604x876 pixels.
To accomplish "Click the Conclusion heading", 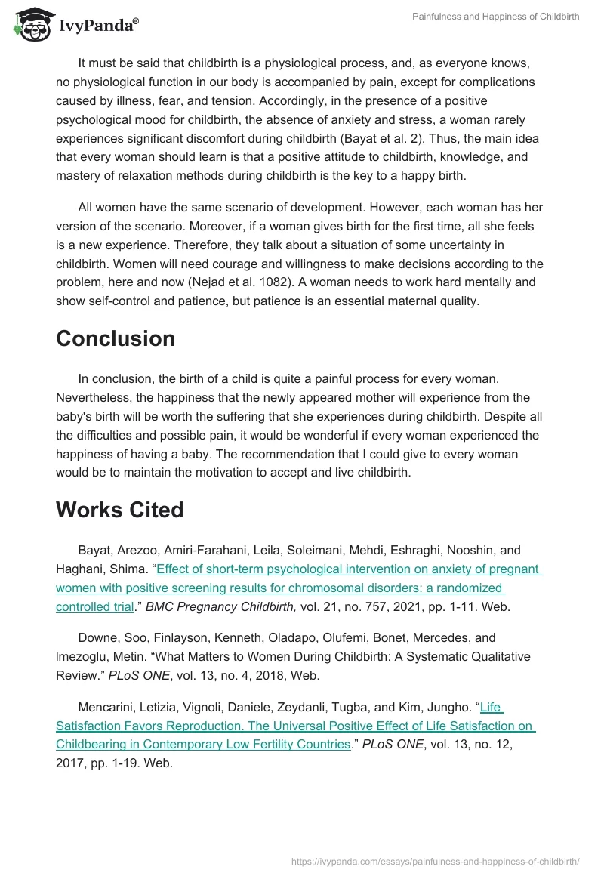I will pyautogui.click(x=116, y=338).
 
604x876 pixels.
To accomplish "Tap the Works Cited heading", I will pyautogui.click(x=120, y=510).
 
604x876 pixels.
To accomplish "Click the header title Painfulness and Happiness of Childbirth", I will pyautogui.click(x=495, y=17).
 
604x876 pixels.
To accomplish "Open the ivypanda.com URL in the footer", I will pyautogui.click(x=435, y=860).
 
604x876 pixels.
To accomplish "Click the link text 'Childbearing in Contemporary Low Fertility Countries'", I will pyautogui.click(x=204, y=744).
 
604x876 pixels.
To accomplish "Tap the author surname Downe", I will pyautogui.click(x=96, y=638).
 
